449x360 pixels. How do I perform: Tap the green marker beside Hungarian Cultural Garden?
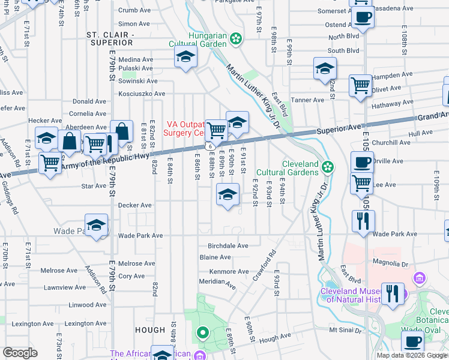[237, 40]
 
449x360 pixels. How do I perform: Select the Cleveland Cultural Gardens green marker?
[327, 166]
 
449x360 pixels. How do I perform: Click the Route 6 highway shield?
[208, 146]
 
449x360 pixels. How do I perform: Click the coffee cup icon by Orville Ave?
[362, 162]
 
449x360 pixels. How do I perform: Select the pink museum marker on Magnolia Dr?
[419, 278]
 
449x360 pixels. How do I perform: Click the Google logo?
[20, 353]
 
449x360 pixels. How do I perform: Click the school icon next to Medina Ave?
[186, 58]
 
